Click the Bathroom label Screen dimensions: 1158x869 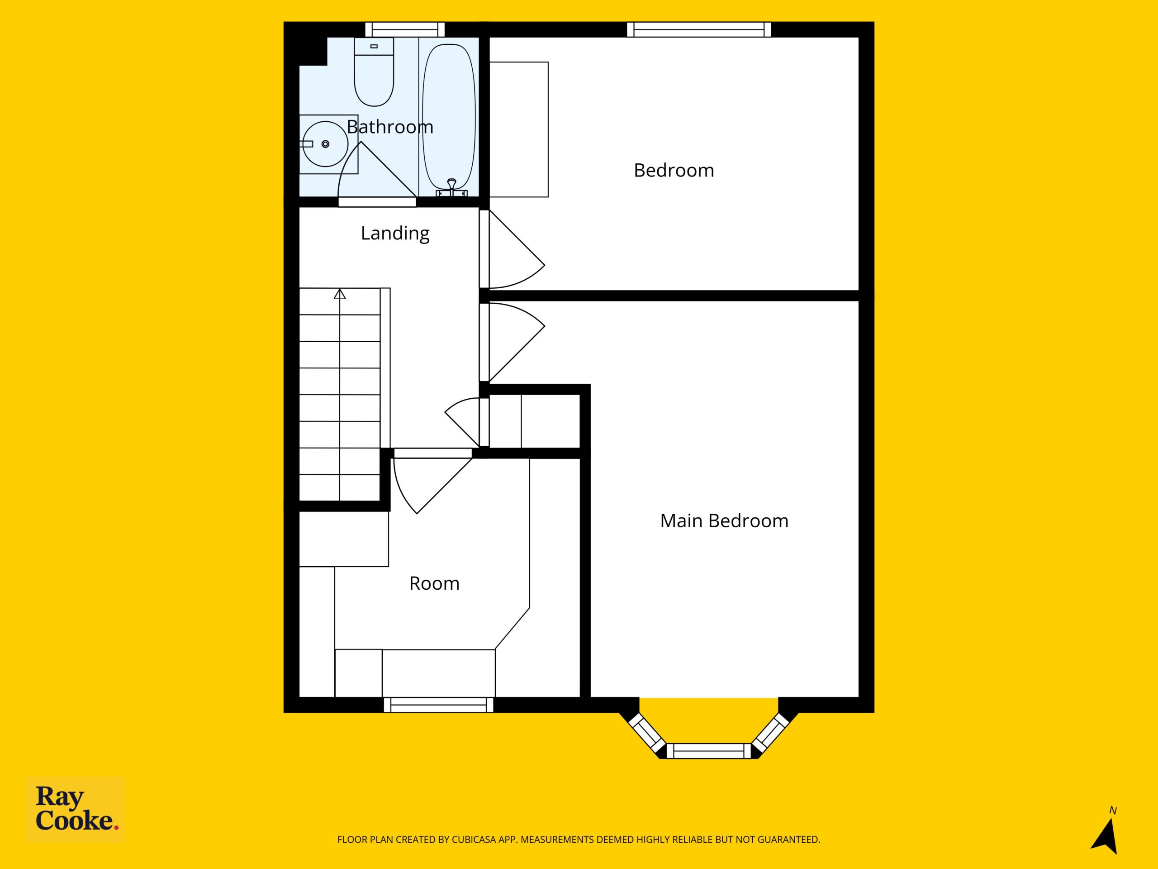tap(390, 127)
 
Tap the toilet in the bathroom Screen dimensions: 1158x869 tap(374, 72)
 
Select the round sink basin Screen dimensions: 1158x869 tap(326, 144)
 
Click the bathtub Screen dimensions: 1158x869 tap(449, 117)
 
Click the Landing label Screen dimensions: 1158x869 tap(395, 233)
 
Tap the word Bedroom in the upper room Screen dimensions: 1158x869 tap(674, 170)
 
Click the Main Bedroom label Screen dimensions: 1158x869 tap(724, 520)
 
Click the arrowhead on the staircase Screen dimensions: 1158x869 tap(340, 294)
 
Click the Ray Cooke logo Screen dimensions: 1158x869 tap(76, 809)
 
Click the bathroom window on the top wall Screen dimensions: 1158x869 tap(405, 29)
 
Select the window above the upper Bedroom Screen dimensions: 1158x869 tap(699, 29)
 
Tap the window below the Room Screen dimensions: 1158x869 tap(439, 705)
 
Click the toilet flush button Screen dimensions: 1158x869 tap(374, 47)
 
